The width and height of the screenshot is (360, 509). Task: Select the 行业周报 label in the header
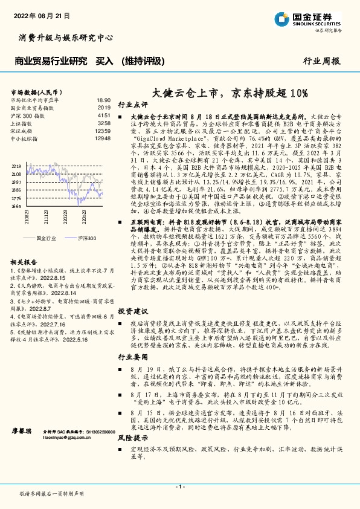[x=321, y=60]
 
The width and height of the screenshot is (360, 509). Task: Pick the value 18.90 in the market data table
[x=103, y=100]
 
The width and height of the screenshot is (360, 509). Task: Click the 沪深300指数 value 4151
[x=103, y=114]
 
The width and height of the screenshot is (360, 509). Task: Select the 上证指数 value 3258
[x=103, y=122]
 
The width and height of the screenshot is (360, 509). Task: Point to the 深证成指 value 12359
[x=103, y=130]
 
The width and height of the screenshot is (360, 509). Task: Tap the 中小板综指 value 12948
[x=103, y=138]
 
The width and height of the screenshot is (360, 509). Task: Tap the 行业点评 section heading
[x=132, y=104]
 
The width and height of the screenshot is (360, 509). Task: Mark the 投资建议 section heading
[x=132, y=311]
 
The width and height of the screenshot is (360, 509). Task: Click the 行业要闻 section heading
[x=132, y=357]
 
